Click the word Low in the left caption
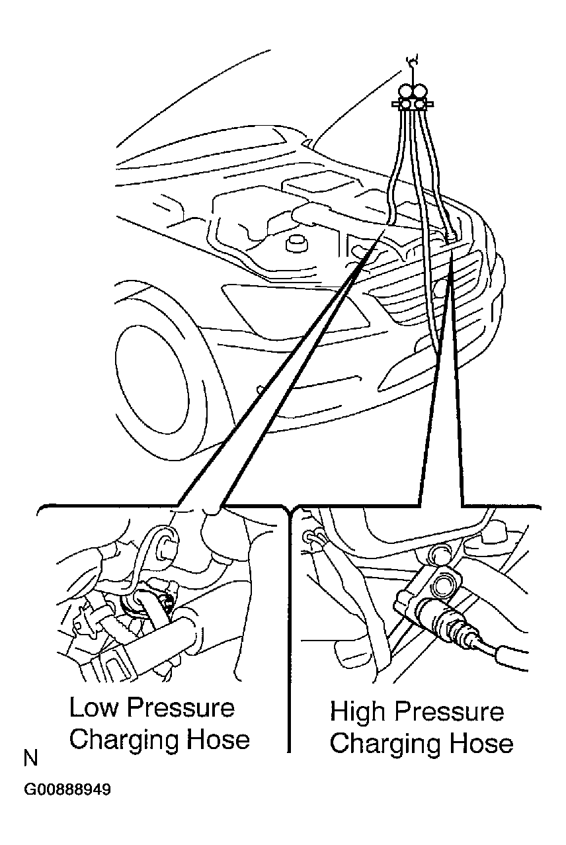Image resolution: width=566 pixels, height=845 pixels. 93,708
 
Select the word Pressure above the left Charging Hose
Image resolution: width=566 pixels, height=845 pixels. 181,708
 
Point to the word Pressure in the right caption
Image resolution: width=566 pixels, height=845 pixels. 449,712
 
